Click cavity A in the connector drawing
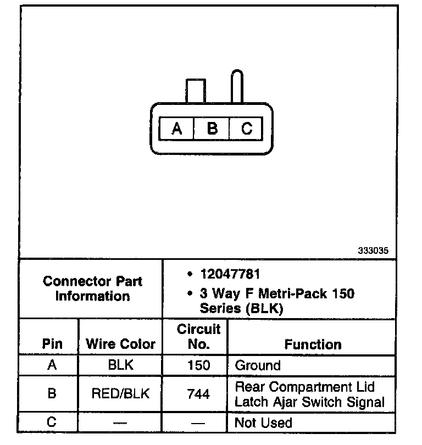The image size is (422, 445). point(176,129)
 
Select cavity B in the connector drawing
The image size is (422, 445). point(212,129)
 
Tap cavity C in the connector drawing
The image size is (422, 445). point(247,129)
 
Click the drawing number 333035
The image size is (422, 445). point(373,250)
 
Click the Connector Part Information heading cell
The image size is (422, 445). point(92,288)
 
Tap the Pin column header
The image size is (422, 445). point(52,344)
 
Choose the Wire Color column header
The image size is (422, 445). point(121,344)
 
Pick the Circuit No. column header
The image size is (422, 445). point(198,337)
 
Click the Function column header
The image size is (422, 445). point(313,344)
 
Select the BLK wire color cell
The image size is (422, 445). point(121,365)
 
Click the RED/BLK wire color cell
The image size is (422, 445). point(121,394)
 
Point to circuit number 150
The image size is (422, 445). point(198,365)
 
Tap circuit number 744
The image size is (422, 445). point(198,394)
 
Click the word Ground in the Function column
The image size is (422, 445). point(257,365)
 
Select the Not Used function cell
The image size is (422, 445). point(263,422)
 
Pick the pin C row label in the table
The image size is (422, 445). point(52,422)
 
